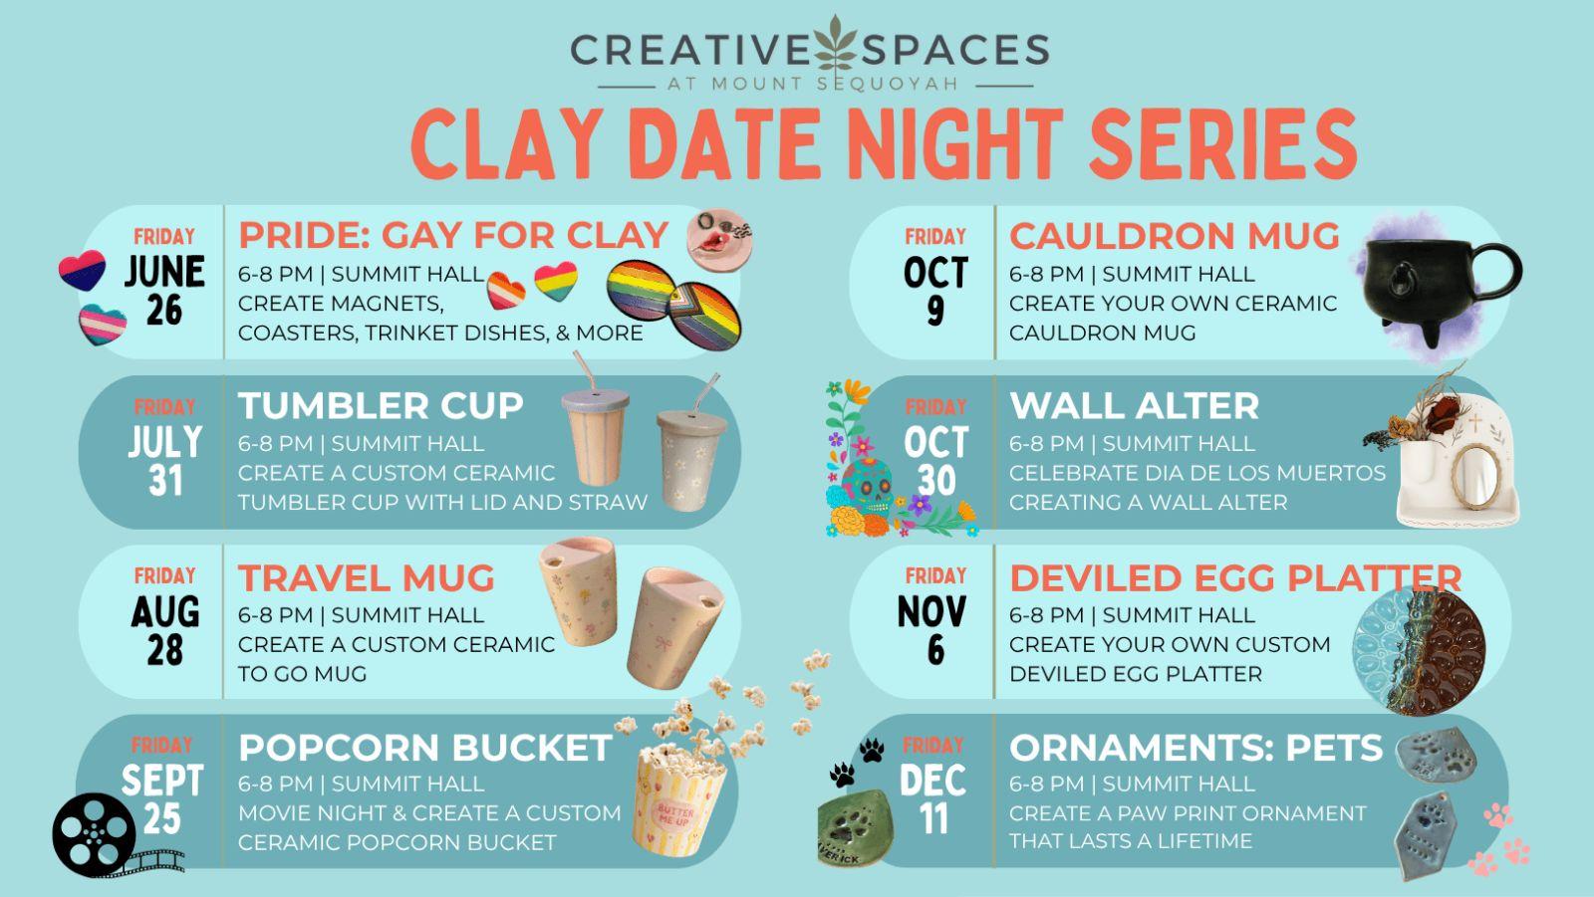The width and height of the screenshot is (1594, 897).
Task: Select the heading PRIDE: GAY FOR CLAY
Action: point(453,236)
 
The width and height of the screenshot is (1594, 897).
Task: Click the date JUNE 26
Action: point(164,291)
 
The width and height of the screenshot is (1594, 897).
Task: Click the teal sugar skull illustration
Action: point(867,485)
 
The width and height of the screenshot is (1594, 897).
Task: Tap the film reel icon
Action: point(94,833)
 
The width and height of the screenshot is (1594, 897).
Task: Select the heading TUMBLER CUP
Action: point(381,405)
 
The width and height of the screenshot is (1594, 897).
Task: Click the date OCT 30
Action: point(935,461)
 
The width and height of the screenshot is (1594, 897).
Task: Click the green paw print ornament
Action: point(854,828)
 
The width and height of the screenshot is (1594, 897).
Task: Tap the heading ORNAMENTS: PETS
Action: point(1195,748)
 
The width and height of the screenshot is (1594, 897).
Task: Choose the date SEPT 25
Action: point(162,799)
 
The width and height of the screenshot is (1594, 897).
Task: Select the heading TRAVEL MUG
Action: point(366,577)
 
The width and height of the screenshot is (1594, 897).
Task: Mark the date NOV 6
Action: point(932,630)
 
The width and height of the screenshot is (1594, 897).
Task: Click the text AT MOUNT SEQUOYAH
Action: point(814,84)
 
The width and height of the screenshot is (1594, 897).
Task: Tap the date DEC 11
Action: point(932,799)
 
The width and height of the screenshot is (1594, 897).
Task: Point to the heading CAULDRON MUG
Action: point(1175,236)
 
